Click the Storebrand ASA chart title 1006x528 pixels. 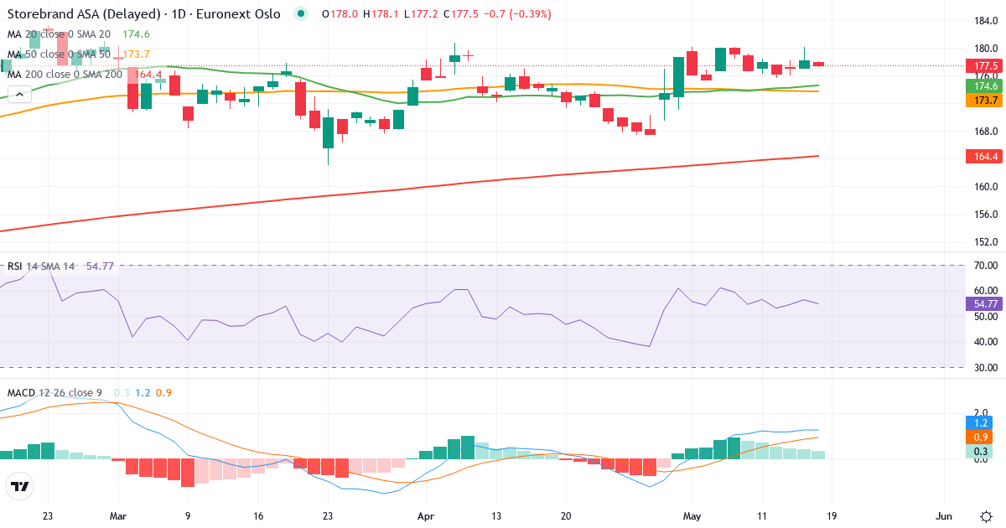(x=143, y=14)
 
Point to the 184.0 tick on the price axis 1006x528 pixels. (x=986, y=21)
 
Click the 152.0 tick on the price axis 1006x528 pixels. (x=986, y=242)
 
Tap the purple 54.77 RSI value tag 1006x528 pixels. (x=984, y=304)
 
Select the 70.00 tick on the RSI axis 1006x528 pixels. (x=986, y=266)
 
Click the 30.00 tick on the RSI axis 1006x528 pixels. (x=986, y=368)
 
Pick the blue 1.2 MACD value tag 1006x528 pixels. (x=980, y=423)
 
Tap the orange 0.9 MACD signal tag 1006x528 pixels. (x=980, y=437)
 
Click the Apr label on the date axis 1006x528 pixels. (x=426, y=516)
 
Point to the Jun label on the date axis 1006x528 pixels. (x=944, y=516)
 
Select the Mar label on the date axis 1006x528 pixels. (x=118, y=516)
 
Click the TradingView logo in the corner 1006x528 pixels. (x=20, y=486)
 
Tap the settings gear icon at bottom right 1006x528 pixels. (x=986, y=516)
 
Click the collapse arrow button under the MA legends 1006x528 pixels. (x=19, y=95)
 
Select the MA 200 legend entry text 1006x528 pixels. (x=65, y=74)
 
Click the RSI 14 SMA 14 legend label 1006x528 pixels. (x=41, y=267)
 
